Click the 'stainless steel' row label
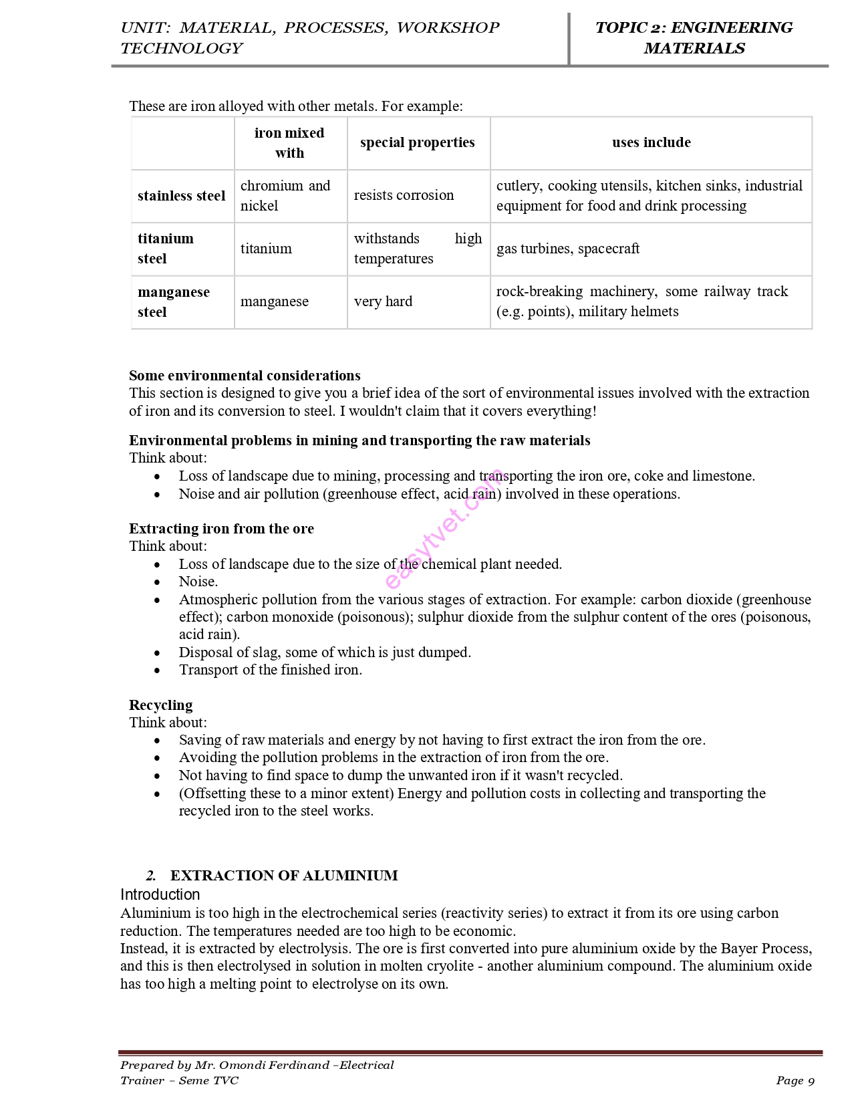pos(181,196)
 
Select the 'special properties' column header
pos(417,142)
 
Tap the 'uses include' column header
pos(651,142)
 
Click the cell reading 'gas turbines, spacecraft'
pos(567,249)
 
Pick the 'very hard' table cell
pos(383,301)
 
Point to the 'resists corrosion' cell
pos(404,195)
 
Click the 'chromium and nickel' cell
pos(285,195)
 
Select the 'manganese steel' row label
pos(173,301)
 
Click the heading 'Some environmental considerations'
pos(245,375)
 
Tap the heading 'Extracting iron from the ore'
pos(221,528)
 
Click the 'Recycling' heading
pos(160,705)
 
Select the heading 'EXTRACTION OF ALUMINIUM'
pos(284,875)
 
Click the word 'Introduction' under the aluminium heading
pos(160,894)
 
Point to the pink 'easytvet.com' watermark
pos(444,529)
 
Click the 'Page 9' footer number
pos(795,1080)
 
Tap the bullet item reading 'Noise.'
pos(198,582)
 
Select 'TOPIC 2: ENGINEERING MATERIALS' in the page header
pos(694,37)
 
